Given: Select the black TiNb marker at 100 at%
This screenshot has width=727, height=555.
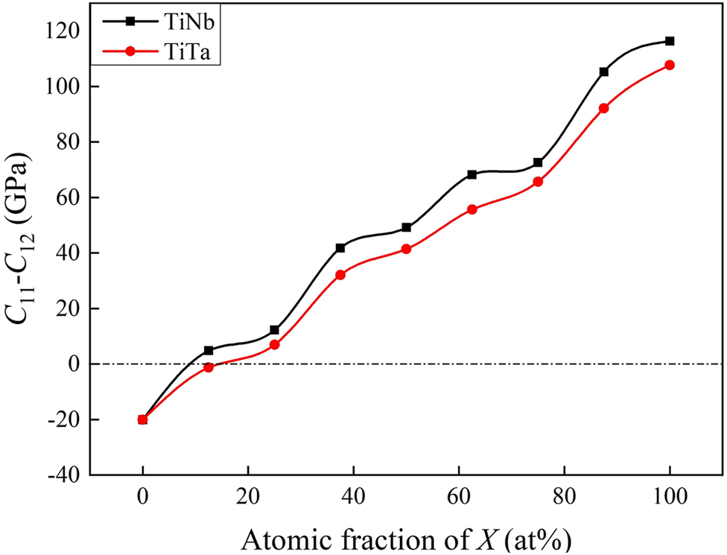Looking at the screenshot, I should coord(670,41).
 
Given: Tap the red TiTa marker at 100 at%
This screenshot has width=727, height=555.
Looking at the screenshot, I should coord(670,66).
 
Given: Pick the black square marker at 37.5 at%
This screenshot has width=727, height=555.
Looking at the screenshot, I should coord(340,248).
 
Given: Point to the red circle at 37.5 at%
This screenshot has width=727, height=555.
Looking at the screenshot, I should coord(340,275).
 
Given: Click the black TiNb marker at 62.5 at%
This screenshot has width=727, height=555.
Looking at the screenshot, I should coord(472,174).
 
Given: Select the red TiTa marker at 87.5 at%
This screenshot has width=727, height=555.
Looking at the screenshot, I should coord(603,108).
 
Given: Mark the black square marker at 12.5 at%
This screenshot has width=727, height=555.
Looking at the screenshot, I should coord(209,350).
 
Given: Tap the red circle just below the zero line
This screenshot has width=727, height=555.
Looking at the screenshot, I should coord(209,367).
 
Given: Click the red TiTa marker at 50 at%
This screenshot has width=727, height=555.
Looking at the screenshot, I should coord(406,249).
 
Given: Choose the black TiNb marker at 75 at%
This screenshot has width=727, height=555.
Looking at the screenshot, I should coord(538,162).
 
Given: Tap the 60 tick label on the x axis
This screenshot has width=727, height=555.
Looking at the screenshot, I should coord(459,495).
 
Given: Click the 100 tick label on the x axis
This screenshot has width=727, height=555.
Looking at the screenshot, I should coord(670,495).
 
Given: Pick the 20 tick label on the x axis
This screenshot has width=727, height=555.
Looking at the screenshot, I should coord(248,495).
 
